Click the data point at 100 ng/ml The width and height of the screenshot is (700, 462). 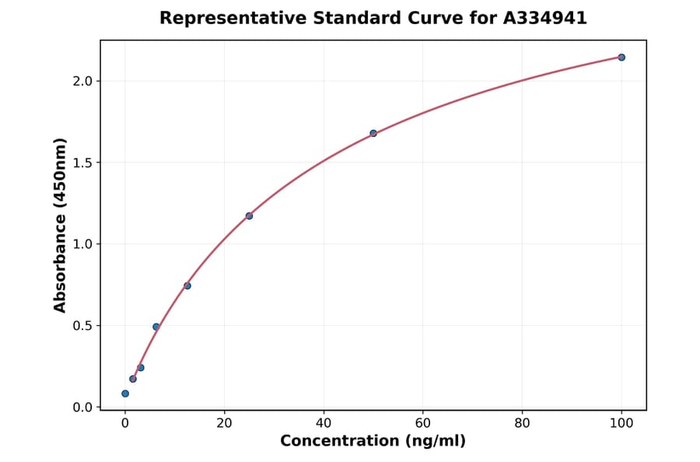[621, 58]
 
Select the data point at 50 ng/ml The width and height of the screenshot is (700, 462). [373, 133]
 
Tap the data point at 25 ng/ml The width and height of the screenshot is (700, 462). [249, 215]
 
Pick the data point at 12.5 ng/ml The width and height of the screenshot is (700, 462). [187, 285]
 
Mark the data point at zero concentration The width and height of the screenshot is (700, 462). [125, 394]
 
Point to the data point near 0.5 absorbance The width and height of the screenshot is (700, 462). [156, 327]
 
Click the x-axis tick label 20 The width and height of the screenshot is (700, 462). [224, 424]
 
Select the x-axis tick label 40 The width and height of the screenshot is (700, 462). [324, 424]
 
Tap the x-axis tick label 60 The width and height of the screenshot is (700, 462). [423, 424]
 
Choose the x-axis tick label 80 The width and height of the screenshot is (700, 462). [522, 424]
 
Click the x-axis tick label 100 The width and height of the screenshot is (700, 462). [621, 424]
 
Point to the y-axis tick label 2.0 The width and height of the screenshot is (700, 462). [82, 81]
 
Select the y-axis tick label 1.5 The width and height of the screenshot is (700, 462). [82, 163]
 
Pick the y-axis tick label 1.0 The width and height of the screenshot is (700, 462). [82, 244]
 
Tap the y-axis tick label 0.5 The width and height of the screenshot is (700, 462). [82, 326]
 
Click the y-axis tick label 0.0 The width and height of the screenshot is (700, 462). [82, 408]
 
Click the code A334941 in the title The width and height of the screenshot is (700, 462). [544, 18]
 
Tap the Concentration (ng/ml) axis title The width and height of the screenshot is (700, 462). [373, 442]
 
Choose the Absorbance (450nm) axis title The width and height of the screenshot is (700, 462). [60, 225]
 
